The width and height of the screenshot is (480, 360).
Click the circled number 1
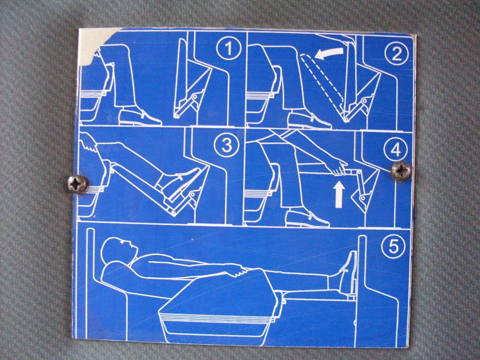pyautogui.click(x=228, y=48)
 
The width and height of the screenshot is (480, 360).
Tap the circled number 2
pyautogui.click(x=396, y=53)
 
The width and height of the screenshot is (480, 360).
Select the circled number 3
pyautogui.click(x=226, y=145)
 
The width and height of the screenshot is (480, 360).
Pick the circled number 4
pyautogui.click(x=396, y=149)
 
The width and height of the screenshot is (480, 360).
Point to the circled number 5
pyautogui.click(x=393, y=246)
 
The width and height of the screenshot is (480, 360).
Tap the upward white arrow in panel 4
pyautogui.click(x=339, y=194)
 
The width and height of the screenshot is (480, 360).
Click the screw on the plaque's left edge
pyautogui.click(x=78, y=183)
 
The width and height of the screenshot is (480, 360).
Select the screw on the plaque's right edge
pyautogui.click(x=401, y=171)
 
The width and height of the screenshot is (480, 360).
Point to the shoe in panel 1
pyautogui.click(x=139, y=116)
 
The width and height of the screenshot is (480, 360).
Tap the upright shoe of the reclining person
pyautogui.click(x=347, y=272)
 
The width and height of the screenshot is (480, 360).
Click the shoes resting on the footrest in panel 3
pyautogui.click(x=179, y=183)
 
